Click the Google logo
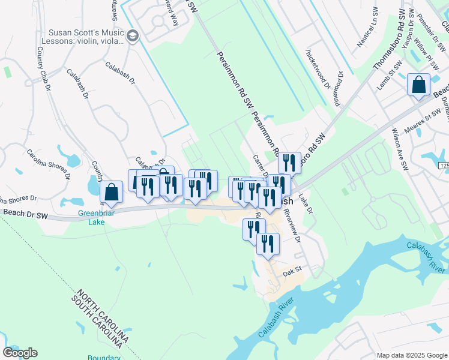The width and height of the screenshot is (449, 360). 20,353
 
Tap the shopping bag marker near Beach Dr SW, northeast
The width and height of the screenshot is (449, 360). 418,85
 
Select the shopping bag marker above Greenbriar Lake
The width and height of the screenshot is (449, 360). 112,192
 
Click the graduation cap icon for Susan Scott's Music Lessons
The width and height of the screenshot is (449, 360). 133,37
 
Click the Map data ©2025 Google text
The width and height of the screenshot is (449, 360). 412,355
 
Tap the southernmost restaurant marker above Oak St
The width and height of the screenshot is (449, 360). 268,244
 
